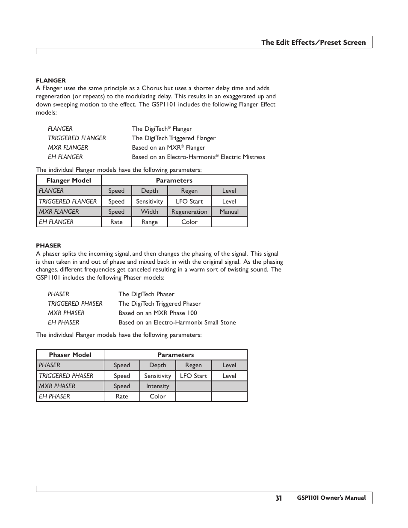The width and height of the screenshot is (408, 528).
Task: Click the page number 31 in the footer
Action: click(279, 498)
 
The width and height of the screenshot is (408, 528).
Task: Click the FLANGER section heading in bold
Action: click(51, 80)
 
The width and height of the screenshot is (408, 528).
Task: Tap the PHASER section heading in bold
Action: click(48, 246)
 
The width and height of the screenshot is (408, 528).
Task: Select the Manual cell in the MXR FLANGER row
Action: click(229, 212)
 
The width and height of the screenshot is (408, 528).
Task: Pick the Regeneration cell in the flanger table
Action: click(189, 212)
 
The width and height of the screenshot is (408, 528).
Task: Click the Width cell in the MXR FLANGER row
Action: click(150, 212)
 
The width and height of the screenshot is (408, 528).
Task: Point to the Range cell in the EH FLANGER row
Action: click(150, 222)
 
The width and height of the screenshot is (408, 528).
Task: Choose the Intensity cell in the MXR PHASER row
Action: click(157, 386)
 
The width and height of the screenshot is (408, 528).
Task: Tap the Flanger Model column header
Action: click(69, 180)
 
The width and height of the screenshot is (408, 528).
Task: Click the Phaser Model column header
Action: click(70, 355)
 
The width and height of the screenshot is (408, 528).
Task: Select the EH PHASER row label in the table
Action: click(54, 396)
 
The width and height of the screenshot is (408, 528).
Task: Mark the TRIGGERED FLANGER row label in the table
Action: click(68, 201)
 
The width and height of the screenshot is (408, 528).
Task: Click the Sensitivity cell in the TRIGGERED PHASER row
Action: click(157, 376)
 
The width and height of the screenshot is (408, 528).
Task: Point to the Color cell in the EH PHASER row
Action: click(157, 396)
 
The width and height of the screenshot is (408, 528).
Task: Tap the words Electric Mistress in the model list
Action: click(242, 157)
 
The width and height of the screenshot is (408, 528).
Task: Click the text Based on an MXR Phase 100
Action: click(158, 313)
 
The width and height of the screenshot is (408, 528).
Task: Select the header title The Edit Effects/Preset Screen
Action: click(313, 42)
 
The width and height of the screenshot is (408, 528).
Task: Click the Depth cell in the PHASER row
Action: click(157, 365)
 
